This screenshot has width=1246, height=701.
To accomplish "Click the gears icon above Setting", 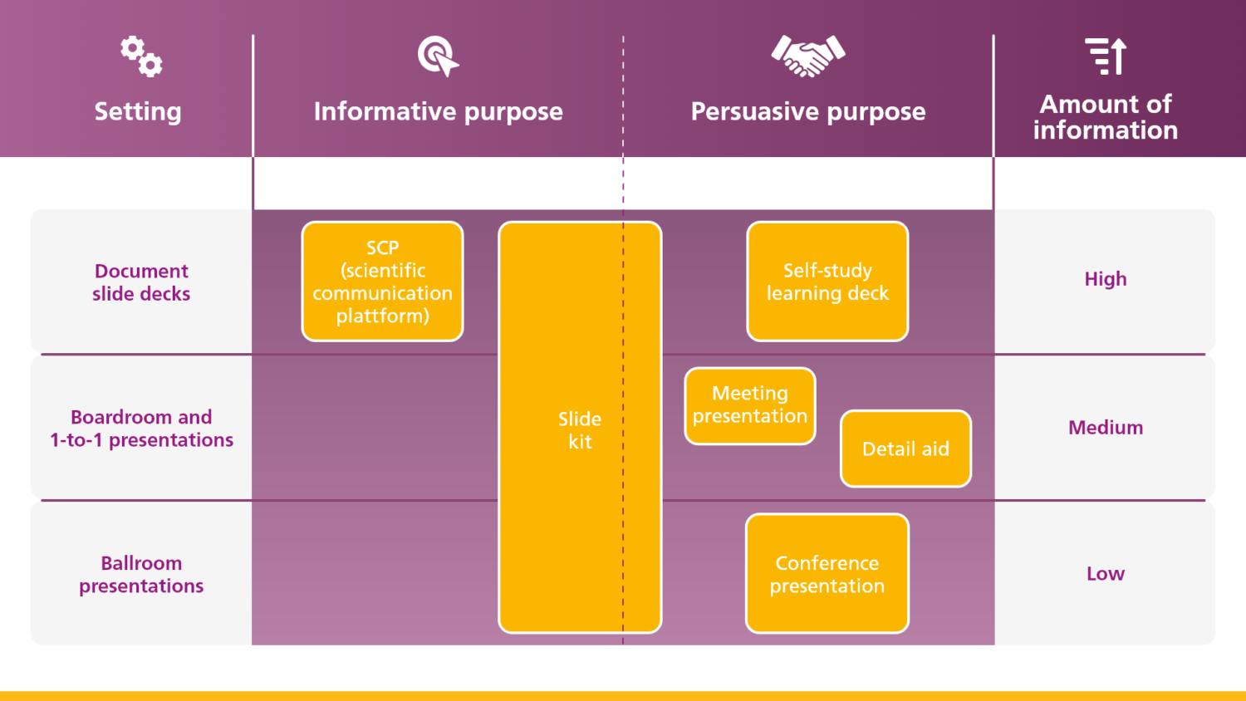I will click(x=141, y=56).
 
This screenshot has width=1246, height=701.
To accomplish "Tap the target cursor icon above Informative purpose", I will click(x=438, y=56).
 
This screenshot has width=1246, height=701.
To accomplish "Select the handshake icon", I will click(x=808, y=56).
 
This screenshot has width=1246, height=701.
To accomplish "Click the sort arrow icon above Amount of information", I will click(x=1106, y=56).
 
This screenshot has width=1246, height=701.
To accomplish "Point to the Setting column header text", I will click(x=138, y=111).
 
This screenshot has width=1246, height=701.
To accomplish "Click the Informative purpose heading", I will click(x=438, y=111).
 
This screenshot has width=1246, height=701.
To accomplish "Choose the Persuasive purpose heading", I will click(x=808, y=111).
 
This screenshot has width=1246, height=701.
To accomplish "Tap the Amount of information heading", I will click(x=1106, y=117).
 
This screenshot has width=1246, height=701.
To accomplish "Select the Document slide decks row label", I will click(x=141, y=282).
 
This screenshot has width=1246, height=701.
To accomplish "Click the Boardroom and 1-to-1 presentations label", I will click(x=141, y=429).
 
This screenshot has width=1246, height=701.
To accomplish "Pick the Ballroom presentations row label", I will click(x=141, y=575).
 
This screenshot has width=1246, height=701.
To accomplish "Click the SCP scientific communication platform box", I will click(x=382, y=282).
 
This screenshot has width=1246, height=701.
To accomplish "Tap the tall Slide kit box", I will click(x=580, y=429).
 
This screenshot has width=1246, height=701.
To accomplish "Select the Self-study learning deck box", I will click(x=827, y=282).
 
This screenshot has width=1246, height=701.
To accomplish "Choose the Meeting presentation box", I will click(x=750, y=405).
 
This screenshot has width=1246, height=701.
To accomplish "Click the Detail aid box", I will click(x=905, y=449).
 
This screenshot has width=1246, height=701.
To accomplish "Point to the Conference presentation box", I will click(x=827, y=574).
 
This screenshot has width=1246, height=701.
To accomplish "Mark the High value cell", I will click(x=1106, y=279).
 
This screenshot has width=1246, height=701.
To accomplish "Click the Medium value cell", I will click(x=1106, y=428).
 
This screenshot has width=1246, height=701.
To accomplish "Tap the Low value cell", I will click(x=1106, y=574).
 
